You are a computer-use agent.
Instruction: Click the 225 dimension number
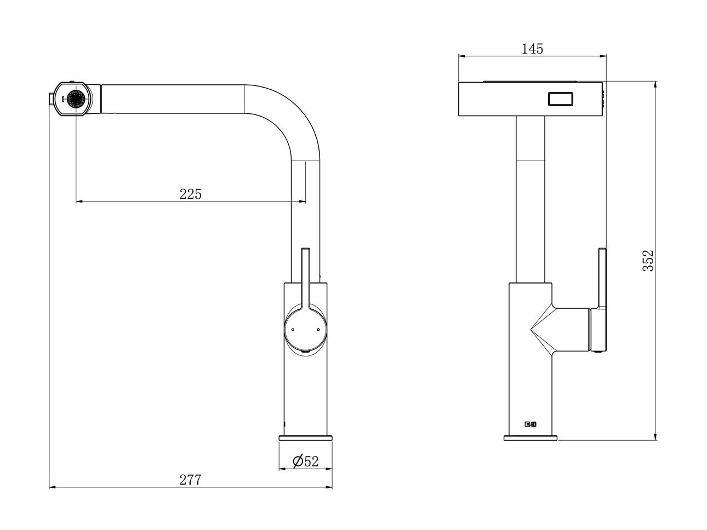(190, 194)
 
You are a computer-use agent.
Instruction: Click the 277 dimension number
(190, 480)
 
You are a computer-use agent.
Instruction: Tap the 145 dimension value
(532, 49)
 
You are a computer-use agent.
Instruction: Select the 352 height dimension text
(648, 260)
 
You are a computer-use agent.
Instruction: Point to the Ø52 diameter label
(305, 461)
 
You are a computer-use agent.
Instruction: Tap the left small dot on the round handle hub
(293, 330)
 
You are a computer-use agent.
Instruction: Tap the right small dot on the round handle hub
(318, 330)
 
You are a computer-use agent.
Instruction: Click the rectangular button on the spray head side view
(561, 99)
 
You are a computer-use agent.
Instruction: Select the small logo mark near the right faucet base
(530, 424)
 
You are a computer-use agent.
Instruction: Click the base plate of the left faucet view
(305, 438)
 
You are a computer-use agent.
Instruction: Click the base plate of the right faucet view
(531, 438)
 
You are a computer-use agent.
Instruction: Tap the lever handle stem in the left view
(305, 276)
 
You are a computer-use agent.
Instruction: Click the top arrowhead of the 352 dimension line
(655, 85)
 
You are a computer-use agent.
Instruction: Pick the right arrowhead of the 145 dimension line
(603, 56)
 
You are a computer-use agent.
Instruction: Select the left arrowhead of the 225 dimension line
(79, 201)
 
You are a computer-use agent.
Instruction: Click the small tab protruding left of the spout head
(51, 99)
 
